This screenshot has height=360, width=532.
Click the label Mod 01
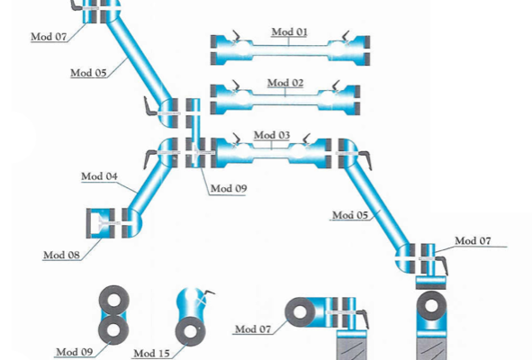[290, 31]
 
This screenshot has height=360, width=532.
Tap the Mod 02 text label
[285, 83]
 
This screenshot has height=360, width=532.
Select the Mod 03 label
[272, 135]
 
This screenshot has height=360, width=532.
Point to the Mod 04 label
[99, 176]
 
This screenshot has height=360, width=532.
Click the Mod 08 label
[61, 255]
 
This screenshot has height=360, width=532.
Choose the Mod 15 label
[151, 354]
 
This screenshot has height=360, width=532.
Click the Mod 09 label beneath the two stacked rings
[75, 352]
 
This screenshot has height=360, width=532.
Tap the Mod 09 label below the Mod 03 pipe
[229, 188]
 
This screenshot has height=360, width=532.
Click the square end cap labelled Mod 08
[101, 223]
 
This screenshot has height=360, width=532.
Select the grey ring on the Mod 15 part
[183, 331]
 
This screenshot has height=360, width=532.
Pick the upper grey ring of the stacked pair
[113, 301]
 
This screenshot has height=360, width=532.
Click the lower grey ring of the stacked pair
[113, 329]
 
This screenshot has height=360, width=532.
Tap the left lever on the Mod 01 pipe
[237, 36]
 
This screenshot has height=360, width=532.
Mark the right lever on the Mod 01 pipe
[346, 36]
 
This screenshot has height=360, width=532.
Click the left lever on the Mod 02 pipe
[236, 85]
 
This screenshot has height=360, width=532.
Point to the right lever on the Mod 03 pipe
[307, 139]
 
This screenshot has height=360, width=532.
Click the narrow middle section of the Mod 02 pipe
[285, 100]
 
